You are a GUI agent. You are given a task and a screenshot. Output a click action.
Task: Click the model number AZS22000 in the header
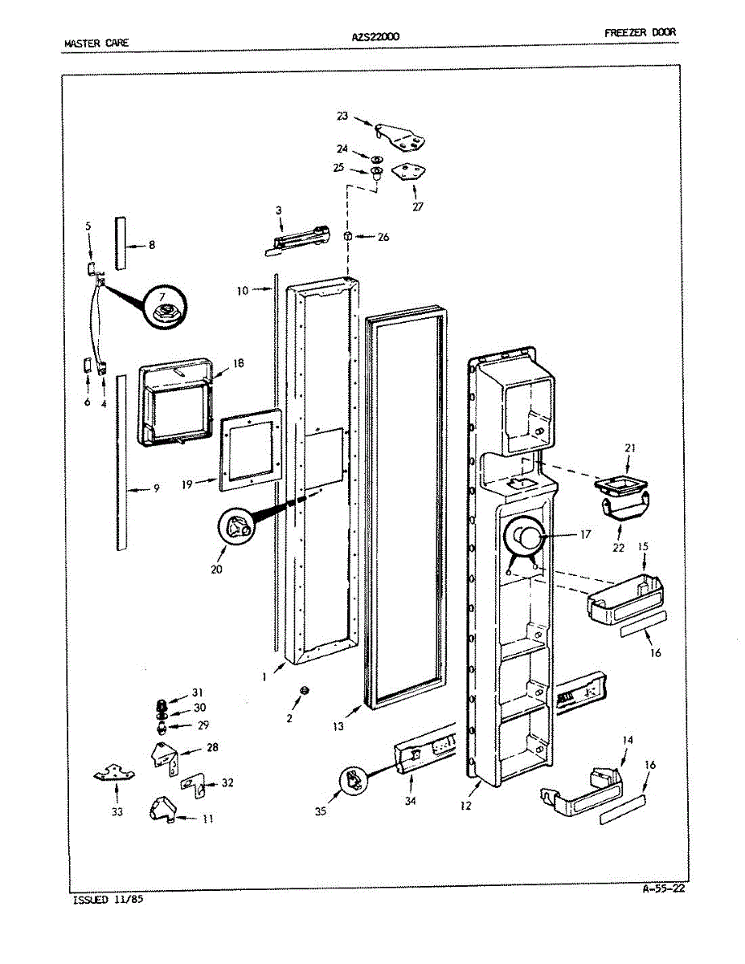point(375,36)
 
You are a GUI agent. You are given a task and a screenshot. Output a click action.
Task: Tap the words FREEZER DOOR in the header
point(640,33)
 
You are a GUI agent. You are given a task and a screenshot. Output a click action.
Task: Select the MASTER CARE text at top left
point(95,42)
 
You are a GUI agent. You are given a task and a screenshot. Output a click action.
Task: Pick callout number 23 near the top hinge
point(342,116)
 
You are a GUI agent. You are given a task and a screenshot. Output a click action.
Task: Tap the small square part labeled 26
point(348,236)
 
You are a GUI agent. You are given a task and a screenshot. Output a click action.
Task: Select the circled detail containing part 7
point(166,308)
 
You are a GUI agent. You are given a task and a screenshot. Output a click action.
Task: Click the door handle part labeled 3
point(298,239)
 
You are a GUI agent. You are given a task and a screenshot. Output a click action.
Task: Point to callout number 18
point(238,363)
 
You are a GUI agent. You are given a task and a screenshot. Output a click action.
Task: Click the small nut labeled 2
point(305,691)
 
